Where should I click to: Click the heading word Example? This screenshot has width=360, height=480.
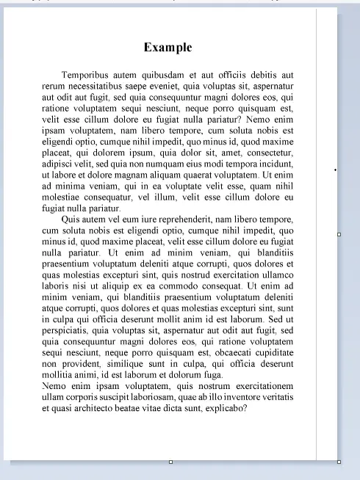(x=168, y=48)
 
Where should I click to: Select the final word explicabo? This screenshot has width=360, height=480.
(x=226, y=407)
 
